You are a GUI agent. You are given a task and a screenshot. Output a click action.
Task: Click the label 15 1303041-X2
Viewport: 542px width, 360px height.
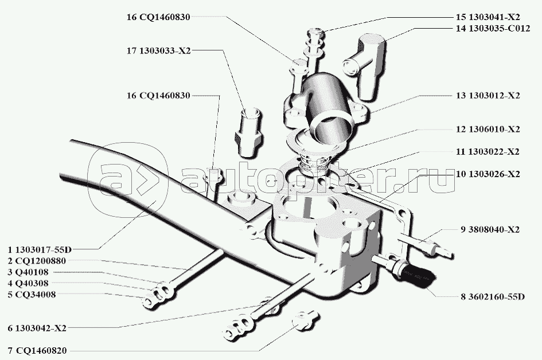[488, 17]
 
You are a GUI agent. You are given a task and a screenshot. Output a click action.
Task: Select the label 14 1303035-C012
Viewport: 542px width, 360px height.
[492, 28]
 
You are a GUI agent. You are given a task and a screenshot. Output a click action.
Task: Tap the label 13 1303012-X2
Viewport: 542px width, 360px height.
[488, 96]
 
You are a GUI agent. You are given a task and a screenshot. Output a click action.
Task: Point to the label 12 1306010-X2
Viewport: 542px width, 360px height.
[488, 130]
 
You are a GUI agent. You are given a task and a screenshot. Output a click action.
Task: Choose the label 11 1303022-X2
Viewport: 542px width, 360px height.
[488, 152]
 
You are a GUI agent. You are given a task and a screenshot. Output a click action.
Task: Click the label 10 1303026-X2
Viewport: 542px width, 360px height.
[488, 173]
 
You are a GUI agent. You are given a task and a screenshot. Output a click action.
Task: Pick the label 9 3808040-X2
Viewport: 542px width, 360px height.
[489, 230]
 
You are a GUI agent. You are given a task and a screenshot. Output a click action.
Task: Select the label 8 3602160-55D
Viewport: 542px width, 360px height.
[492, 296]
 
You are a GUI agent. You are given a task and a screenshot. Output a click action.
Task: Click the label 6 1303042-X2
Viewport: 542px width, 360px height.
[37, 328]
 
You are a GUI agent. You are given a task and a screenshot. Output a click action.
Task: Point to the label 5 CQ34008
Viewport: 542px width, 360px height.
[32, 295]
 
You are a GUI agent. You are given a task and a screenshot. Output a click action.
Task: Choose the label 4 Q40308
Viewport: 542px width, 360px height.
[28, 283]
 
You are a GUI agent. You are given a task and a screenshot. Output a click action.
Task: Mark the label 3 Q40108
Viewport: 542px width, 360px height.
[28, 272]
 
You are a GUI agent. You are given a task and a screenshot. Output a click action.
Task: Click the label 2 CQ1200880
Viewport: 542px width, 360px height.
[37, 260]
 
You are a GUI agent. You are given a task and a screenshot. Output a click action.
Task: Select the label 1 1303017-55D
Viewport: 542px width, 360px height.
[40, 249]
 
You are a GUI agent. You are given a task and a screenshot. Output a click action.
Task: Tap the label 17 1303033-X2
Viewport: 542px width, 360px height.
[158, 50]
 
